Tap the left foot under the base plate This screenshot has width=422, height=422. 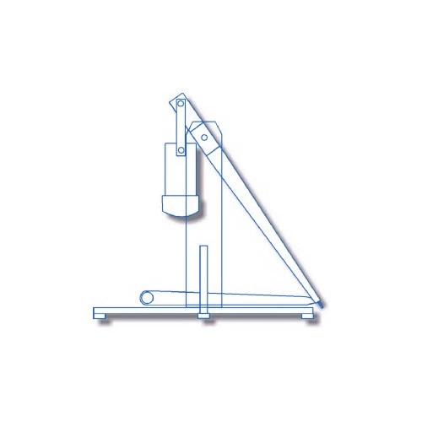[x=103, y=317]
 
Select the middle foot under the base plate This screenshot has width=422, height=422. [x=203, y=317]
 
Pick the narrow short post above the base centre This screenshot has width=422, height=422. [x=203, y=274]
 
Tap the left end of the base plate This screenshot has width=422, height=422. [x=96, y=311]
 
